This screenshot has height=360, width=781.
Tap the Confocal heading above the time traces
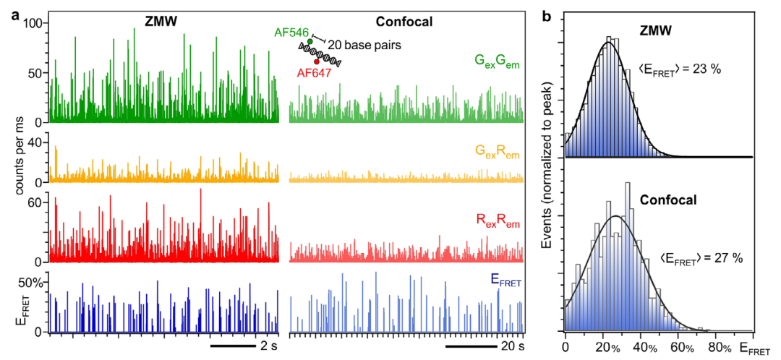[406, 22]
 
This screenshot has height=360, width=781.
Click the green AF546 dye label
[290, 33]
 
